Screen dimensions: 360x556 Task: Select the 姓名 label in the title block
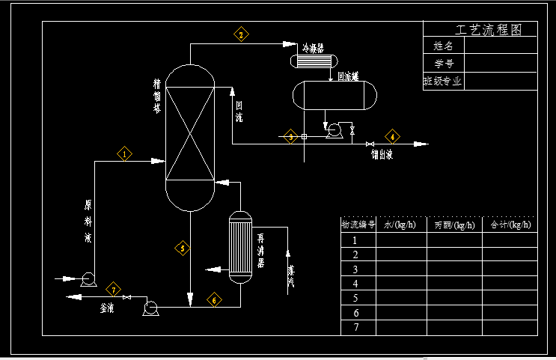(x=444, y=46)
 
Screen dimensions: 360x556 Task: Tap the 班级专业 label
(x=442, y=82)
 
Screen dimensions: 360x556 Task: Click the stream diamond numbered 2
(x=241, y=34)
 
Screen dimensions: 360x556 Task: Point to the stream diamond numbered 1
(x=124, y=154)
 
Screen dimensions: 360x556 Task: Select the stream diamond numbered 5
(x=182, y=248)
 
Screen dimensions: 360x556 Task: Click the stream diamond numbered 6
(x=215, y=300)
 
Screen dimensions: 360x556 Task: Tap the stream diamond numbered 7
(x=114, y=289)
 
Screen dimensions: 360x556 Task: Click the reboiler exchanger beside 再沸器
(x=240, y=248)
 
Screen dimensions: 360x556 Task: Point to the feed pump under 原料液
(x=87, y=279)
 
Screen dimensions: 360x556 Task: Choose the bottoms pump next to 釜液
(x=150, y=307)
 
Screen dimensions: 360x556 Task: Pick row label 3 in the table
(x=356, y=269)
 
